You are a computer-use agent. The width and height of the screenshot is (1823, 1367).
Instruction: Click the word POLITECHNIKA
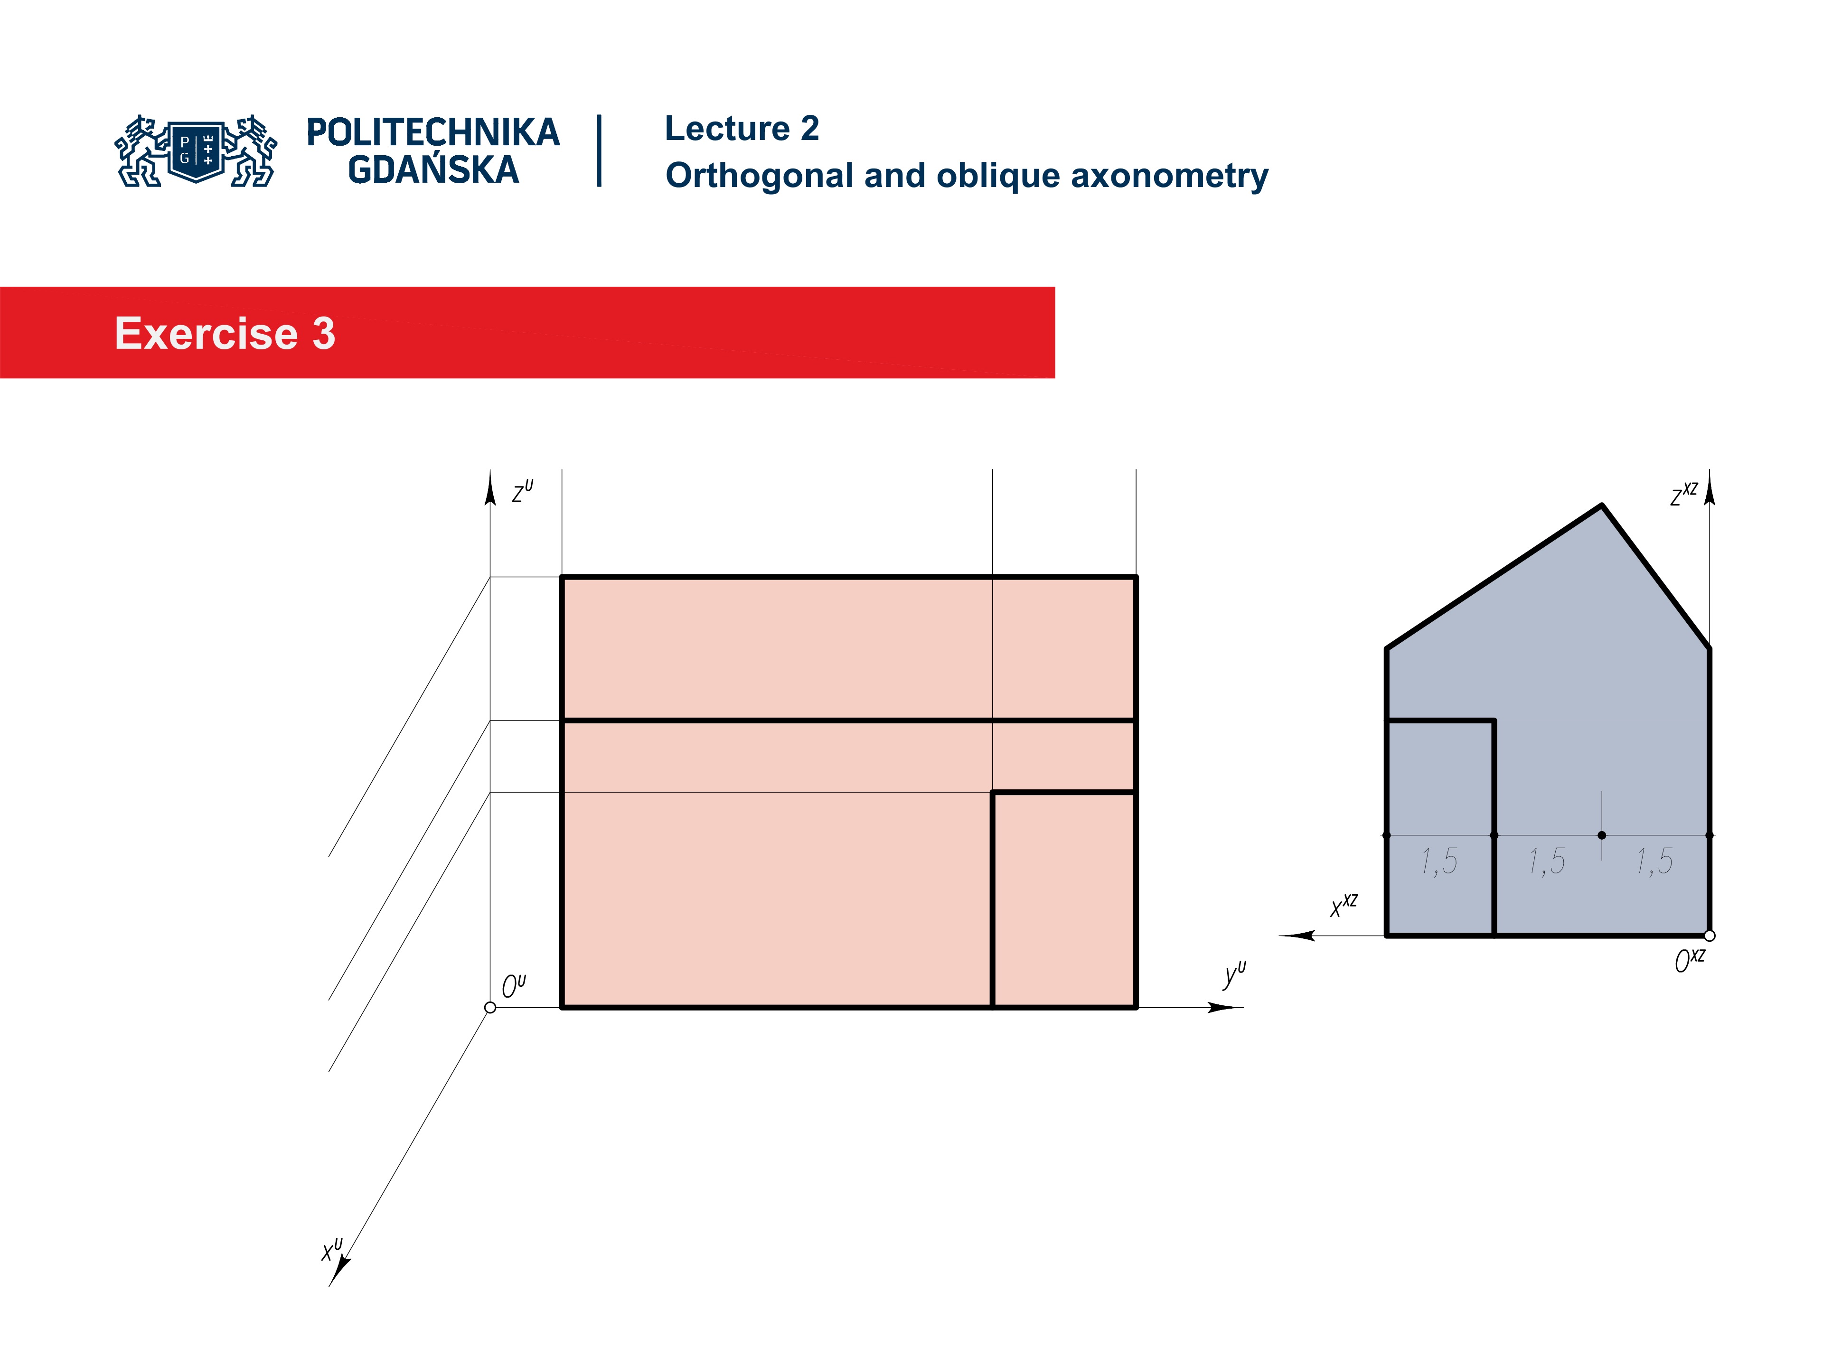point(432,132)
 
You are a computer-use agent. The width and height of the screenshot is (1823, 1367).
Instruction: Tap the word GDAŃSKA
point(432,170)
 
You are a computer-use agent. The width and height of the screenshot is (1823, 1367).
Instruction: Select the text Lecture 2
point(741,129)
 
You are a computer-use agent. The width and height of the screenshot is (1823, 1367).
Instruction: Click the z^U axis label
point(522,492)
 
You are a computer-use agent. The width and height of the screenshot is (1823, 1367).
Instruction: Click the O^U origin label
point(513,985)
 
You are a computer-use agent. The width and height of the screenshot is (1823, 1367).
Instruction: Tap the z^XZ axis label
point(1683,495)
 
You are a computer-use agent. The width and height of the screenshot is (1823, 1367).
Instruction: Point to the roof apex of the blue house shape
point(1601,506)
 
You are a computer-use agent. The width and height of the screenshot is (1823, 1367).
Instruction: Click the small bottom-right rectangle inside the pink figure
point(1063,900)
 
